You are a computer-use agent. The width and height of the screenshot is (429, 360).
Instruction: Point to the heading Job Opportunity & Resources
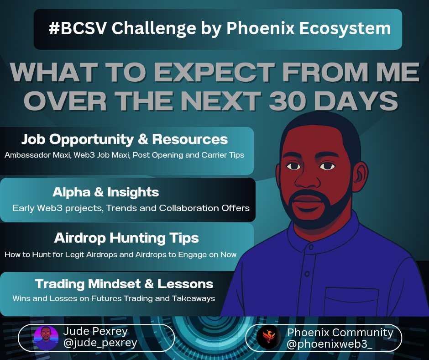coord(125,139)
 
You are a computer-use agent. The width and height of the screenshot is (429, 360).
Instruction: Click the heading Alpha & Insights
coord(106,192)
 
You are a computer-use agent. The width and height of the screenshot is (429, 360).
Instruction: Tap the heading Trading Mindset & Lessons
coord(124,284)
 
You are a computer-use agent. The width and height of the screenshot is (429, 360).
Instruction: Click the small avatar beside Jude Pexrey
coord(46,338)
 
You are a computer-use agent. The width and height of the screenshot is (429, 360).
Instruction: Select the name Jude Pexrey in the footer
coord(96,331)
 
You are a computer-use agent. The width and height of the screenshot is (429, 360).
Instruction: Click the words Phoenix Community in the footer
coord(340,332)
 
